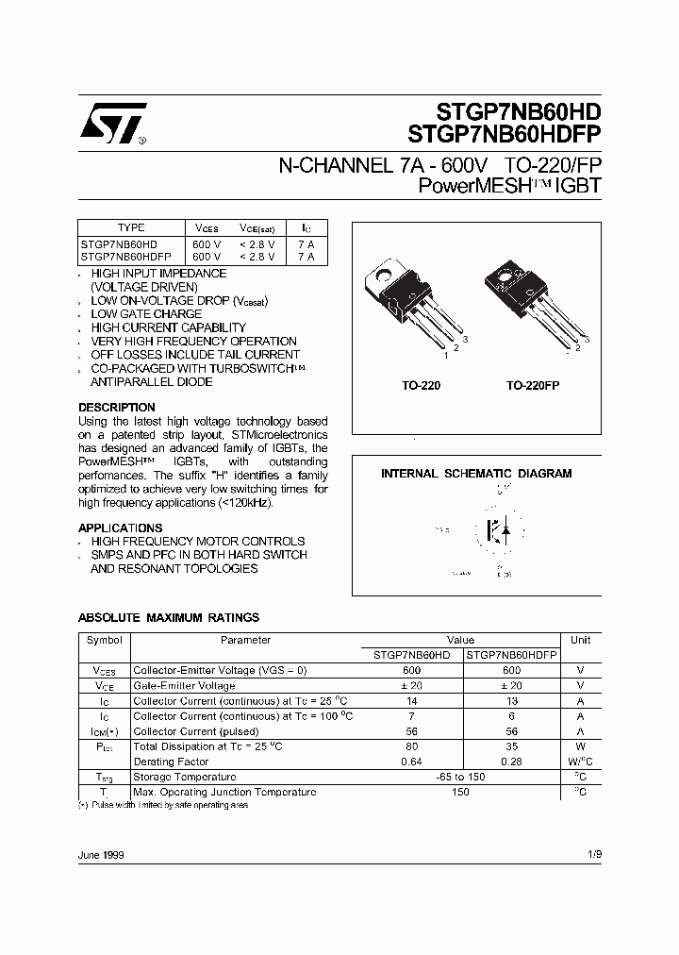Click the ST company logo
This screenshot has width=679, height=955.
point(112,124)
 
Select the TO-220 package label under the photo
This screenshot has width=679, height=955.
point(422,386)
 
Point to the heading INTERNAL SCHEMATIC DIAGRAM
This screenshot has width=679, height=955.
point(475,474)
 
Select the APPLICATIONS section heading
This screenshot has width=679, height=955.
point(120,528)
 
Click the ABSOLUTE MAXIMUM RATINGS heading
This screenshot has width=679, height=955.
point(168,618)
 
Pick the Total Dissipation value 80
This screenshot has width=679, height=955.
point(411,746)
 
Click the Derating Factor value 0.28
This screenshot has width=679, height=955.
point(511,762)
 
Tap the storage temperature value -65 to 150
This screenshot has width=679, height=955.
point(461,777)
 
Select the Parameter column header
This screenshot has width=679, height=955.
point(245,640)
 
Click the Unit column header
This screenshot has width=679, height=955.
point(580,640)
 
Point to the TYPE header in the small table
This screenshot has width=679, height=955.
point(131,227)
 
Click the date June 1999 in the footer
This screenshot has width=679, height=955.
point(101,855)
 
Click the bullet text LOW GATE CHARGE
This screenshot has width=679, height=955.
point(146,314)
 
